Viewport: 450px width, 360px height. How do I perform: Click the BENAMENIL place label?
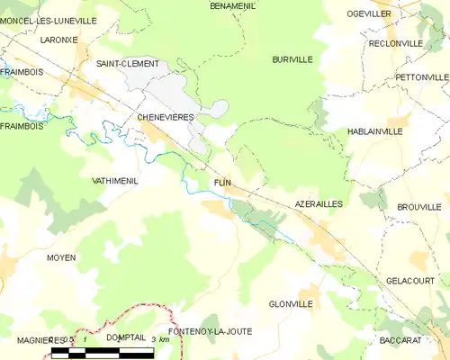pos(233,5)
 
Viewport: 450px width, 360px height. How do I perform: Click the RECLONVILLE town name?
pos(395,43)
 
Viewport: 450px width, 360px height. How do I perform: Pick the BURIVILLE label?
pos(292,59)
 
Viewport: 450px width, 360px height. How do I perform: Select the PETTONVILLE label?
pos(420,77)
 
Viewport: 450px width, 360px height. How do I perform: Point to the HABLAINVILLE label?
pos(374,132)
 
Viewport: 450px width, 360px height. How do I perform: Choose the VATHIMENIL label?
pos(115,181)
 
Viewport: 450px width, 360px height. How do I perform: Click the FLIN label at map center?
pos(223,183)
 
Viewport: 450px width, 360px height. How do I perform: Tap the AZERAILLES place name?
pos(319,205)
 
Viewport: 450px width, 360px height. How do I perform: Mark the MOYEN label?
pos(61,257)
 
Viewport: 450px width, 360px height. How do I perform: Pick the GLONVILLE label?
pos(291,304)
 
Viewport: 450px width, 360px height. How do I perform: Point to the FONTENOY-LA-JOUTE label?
pos(210,332)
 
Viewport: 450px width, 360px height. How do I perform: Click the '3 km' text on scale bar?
pos(159,340)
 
